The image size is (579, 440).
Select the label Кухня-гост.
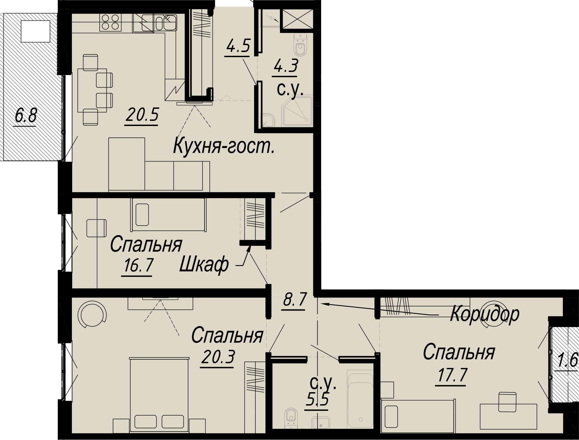[x=224, y=145]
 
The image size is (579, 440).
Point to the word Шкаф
[x=204, y=264]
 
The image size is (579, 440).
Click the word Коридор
[x=484, y=314]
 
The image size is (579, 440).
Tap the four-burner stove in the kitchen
[x=111, y=22]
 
